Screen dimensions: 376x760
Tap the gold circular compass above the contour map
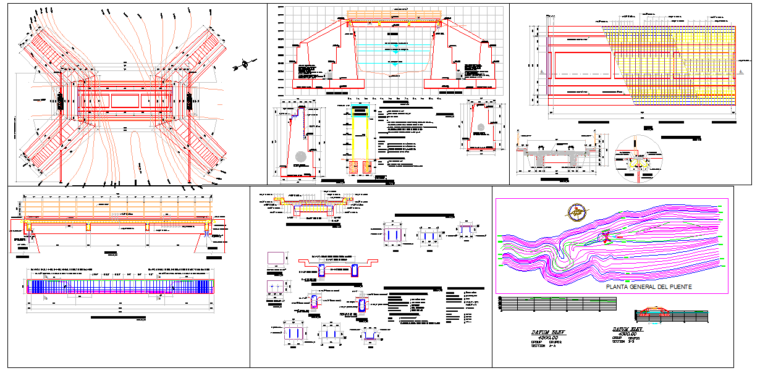tap(577, 211)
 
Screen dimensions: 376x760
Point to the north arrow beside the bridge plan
tap(245, 64)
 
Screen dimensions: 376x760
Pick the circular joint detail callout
tap(638, 158)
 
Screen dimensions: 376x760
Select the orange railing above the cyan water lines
tap(394, 14)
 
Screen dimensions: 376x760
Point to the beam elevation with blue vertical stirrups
tap(120, 286)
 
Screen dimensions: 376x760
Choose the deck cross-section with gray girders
tap(555, 154)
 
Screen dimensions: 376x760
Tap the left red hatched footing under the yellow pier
tap(354, 166)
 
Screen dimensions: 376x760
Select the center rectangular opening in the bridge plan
tap(125, 100)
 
